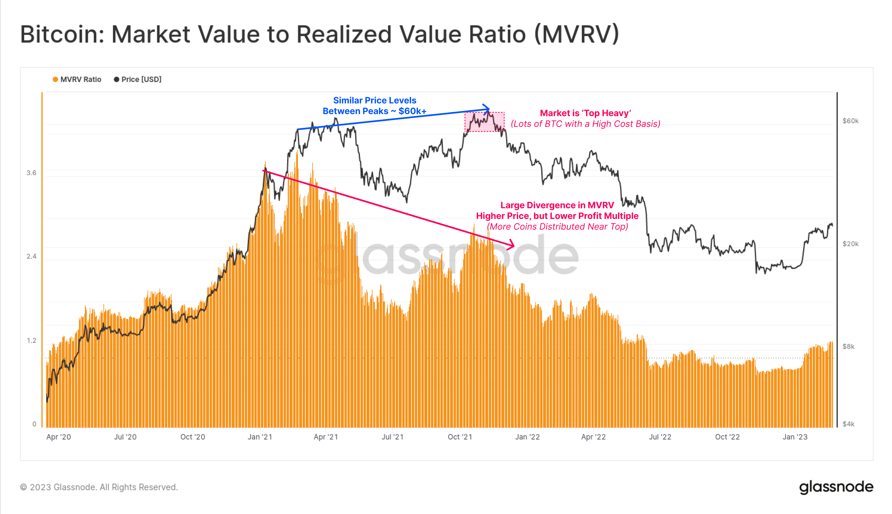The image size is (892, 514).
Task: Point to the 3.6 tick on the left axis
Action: coord(31,173)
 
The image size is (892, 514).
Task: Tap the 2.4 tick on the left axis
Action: coord(31,256)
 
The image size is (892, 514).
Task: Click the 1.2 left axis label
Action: coord(31,340)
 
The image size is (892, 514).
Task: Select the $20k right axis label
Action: coord(850,244)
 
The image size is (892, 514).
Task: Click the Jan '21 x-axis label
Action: coord(260,437)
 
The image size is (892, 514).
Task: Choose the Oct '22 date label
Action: coord(727,437)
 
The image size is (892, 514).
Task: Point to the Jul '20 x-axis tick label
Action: coord(125,437)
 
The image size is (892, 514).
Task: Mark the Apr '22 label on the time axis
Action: coord(594,437)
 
